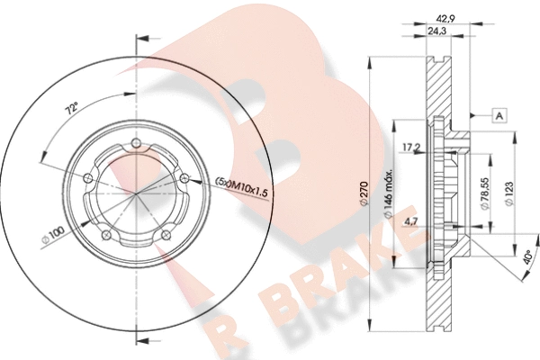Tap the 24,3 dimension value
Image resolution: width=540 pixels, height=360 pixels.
click(x=436, y=31)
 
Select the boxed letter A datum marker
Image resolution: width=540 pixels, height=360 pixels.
click(x=499, y=115)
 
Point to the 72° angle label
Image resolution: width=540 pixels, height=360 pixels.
click(x=71, y=109)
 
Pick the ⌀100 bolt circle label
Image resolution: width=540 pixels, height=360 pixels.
click(x=53, y=235)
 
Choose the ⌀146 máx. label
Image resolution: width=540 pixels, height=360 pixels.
click(x=388, y=194)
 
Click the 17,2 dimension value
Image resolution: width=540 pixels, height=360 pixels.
click(x=411, y=148)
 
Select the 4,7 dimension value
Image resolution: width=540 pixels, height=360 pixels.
click(x=411, y=222)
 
